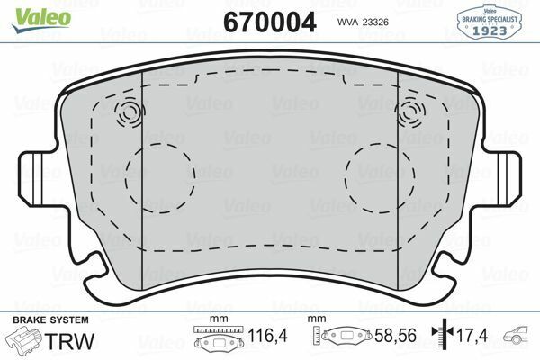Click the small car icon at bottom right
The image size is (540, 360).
coord(520,340)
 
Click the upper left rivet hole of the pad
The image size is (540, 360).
coord(130,113)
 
